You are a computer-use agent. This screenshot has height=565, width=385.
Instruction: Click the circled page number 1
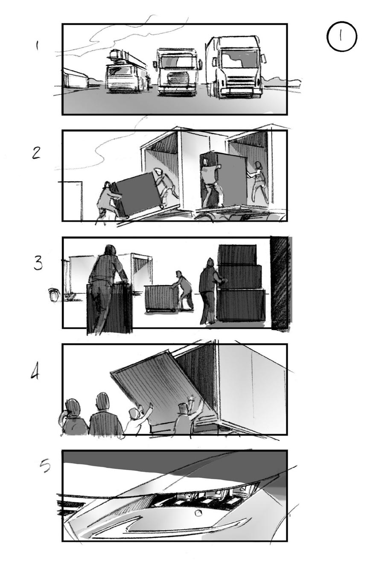(x=341, y=36)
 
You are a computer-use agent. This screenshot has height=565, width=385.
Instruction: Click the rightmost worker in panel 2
(x=258, y=182)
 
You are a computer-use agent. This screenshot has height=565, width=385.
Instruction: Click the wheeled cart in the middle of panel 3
(x=160, y=298)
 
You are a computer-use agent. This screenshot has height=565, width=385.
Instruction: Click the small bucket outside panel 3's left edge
(x=53, y=295)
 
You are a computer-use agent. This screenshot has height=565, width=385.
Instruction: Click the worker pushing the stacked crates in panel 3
(x=209, y=290)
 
